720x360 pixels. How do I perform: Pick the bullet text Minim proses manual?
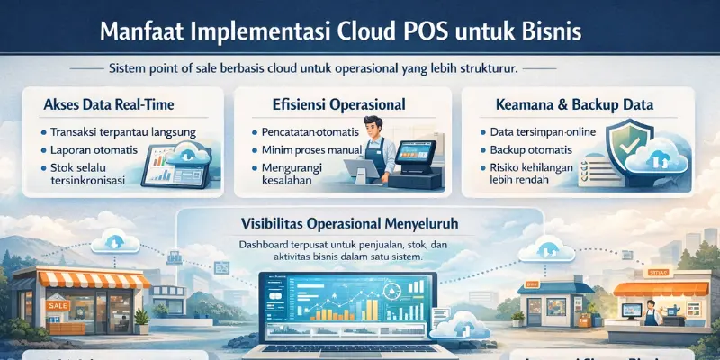tap(306, 149)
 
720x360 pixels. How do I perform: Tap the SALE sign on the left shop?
tap(57, 307)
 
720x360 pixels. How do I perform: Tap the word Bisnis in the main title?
tap(549, 31)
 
